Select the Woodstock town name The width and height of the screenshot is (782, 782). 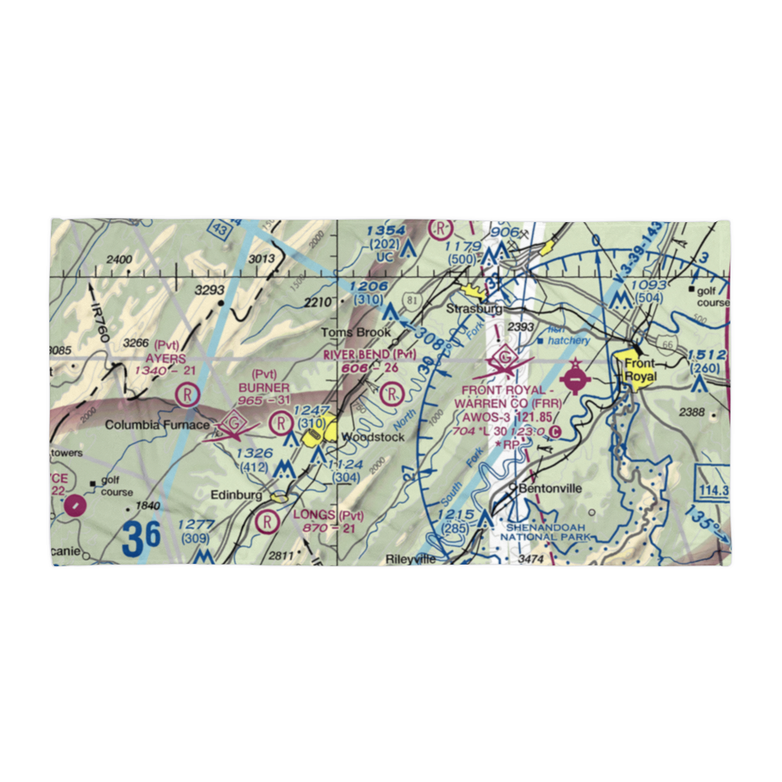(x=372, y=437)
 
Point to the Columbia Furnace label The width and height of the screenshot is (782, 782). (x=159, y=425)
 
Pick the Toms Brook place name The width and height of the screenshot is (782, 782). (x=355, y=332)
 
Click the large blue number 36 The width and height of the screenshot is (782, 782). (x=142, y=539)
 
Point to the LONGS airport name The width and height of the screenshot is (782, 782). (x=314, y=515)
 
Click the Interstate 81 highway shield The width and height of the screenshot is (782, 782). (x=411, y=300)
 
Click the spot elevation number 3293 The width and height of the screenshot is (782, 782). (x=210, y=290)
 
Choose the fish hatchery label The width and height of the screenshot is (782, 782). (x=568, y=336)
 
